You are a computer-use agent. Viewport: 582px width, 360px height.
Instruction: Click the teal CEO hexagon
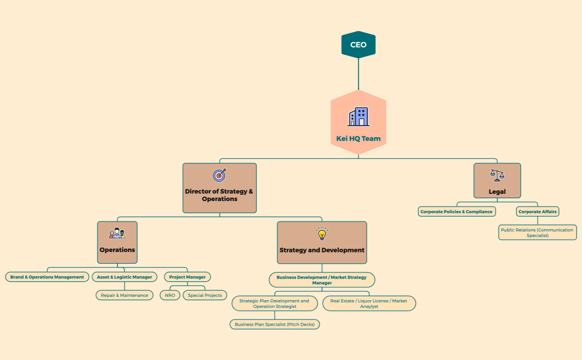coord(358,45)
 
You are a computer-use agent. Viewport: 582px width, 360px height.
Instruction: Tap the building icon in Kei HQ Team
coord(358,117)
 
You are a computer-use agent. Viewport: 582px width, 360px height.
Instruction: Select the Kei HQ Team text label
coord(358,138)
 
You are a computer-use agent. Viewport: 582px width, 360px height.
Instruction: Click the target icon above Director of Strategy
coord(219,175)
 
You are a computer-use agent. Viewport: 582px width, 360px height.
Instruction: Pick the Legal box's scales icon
coord(497,176)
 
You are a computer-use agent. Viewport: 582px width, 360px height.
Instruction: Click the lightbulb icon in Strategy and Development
coord(322,234)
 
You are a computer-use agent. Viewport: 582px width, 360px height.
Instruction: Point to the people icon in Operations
coord(117,233)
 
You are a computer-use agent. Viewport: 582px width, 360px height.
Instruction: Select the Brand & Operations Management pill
coord(47,277)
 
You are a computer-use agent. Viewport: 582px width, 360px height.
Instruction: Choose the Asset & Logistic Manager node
coord(125,277)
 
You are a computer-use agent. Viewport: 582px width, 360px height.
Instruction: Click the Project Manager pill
coord(187,277)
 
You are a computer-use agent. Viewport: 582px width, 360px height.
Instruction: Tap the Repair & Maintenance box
coord(125,295)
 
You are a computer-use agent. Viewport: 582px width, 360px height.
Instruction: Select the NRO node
coord(170,295)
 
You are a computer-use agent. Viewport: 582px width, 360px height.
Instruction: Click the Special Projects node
coord(205,295)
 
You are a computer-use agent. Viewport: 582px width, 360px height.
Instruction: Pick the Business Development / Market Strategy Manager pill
coord(321,280)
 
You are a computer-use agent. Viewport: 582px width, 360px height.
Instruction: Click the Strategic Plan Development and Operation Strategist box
coord(274,304)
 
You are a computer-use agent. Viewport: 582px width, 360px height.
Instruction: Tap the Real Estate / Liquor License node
coord(369,304)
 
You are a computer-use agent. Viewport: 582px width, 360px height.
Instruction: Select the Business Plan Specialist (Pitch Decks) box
coord(274,324)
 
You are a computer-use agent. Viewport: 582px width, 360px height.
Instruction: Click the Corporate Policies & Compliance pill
coord(456,212)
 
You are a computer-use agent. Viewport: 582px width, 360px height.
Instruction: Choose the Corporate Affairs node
coord(537,212)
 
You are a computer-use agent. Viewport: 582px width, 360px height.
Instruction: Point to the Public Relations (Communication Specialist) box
coord(537,233)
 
